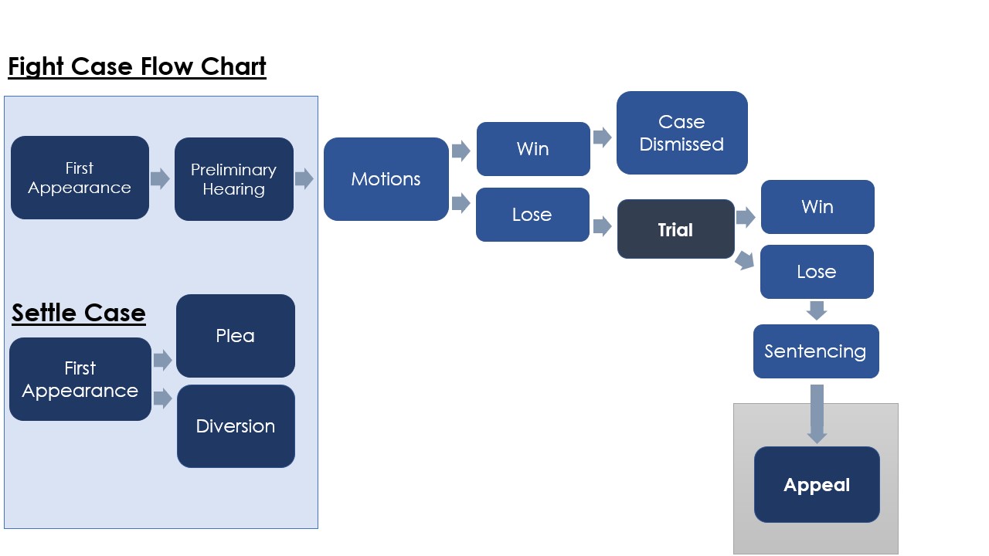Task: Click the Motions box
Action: coord(386,179)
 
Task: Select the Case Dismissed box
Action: coord(681,133)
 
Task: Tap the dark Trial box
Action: coord(675,229)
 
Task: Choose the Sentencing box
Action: coord(816,351)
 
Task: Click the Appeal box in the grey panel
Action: coord(817,484)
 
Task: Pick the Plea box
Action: coord(236,336)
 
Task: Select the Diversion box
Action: coord(236,426)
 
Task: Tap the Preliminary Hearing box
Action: coord(234,179)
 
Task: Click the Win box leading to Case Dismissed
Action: coord(533,149)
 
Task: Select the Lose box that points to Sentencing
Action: coord(817,272)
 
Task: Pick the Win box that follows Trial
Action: coord(817,207)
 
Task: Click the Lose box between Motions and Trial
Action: coord(532,215)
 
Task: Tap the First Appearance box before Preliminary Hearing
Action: coord(80,178)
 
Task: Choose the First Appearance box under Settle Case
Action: coord(80,379)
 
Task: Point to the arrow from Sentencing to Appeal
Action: coord(817,414)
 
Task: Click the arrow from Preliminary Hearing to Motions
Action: coord(304,178)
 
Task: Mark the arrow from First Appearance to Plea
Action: coord(162,361)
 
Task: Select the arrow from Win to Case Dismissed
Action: coord(602,137)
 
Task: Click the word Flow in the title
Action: coord(166,66)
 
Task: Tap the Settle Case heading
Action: coord(79,313)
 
